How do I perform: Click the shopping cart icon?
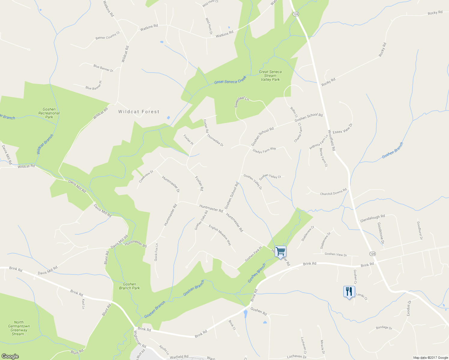[280, 251]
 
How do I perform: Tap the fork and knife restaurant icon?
[349, 291]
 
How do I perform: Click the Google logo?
[10, 356]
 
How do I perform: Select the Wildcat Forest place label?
[139, 112]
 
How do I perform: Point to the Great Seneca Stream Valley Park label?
[270, 76]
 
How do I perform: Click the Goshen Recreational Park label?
[49, 113]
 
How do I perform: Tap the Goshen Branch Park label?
[129, 286]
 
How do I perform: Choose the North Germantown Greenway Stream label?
[19, 328]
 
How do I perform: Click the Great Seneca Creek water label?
[230, 80]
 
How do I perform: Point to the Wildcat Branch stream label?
[45, 144]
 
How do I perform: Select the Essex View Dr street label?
[342, 128]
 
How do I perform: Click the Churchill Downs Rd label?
[333, 192]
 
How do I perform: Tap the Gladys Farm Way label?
[264, 150]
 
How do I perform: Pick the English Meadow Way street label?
[220, 235]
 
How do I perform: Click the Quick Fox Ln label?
[156, 252]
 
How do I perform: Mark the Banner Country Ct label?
[107, 36]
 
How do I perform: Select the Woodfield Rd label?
[332, 140]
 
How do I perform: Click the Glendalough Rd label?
[372, 218]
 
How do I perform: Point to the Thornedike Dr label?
[215, 140]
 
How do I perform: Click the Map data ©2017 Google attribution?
[430, 357]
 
